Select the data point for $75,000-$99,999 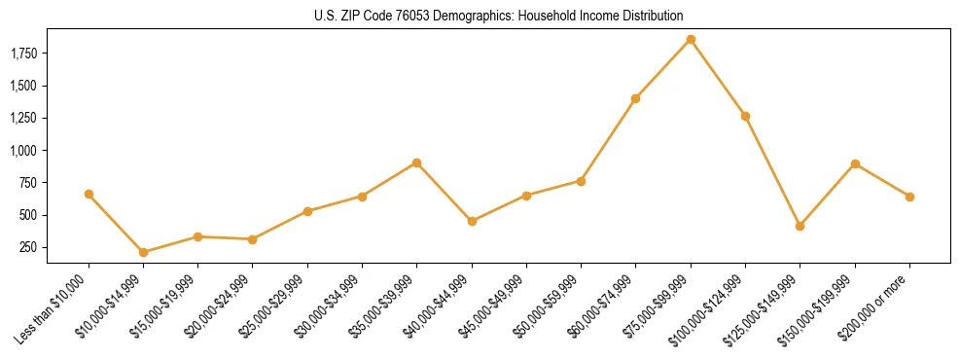[x=691, y=39]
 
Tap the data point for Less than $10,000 [x=89, y=194]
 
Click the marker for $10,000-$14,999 [x=143, y=252]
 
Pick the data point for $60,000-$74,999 [x=635, y=98]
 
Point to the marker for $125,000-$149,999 [x=800, y=226]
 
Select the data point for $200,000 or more [x=909, y=197]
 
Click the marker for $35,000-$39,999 [x=416, y=162]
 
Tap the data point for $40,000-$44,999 [x=472, y=221]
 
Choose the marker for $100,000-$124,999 [x=745, y=116]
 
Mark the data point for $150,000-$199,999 [x=855, y=163]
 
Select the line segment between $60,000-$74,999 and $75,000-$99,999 [x=663, y=69]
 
